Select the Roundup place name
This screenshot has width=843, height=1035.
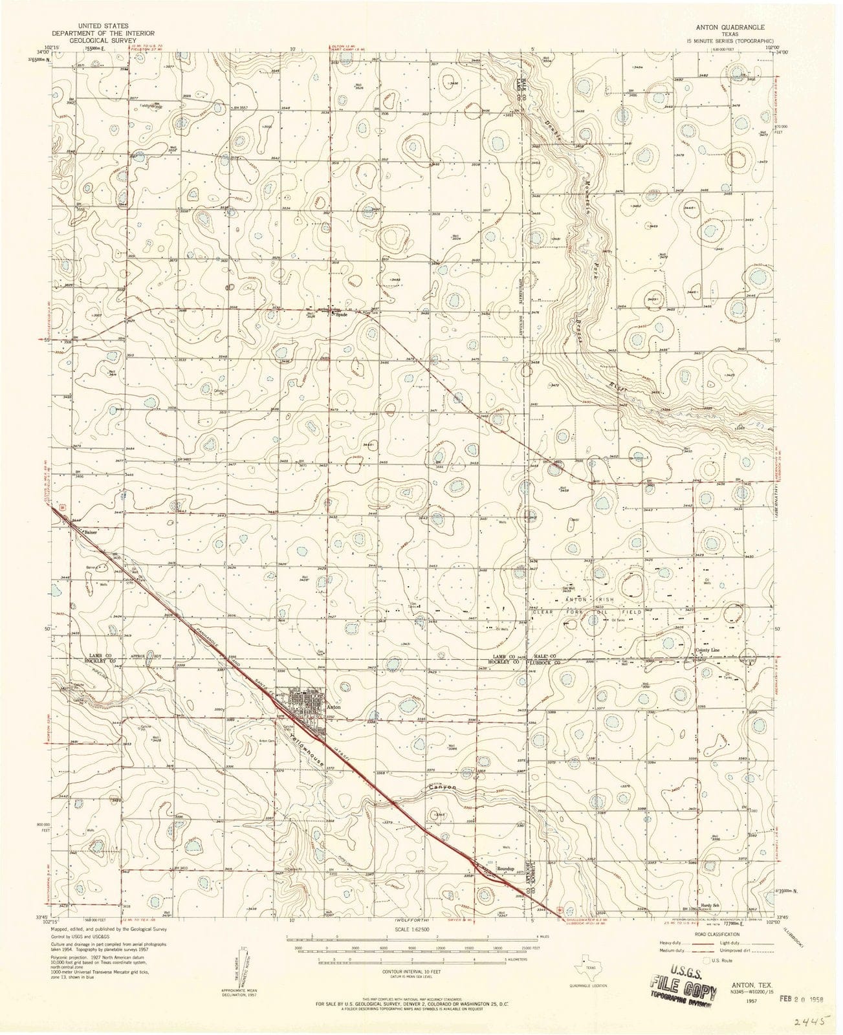pos(505,869)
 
